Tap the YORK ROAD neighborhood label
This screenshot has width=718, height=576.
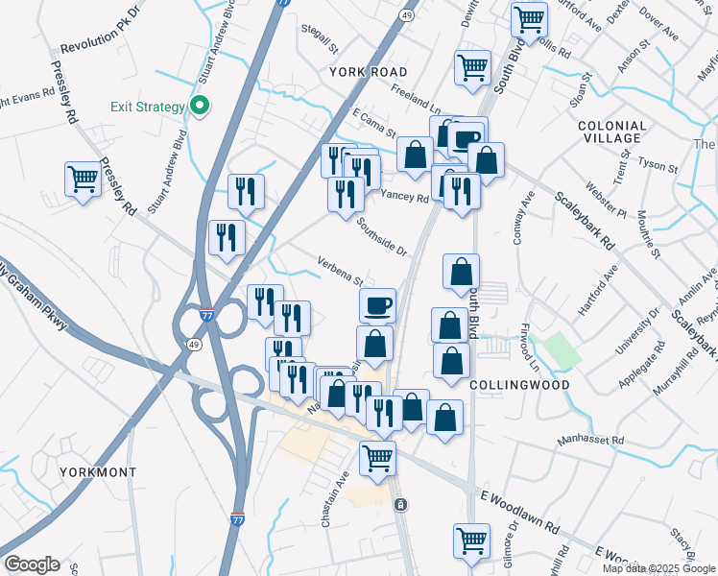[x=368, y=72]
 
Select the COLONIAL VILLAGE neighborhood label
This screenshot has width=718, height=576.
[x=611, y=132]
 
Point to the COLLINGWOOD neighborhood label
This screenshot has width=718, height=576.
[x=519, y=384]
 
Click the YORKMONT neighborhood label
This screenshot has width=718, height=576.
[x=97, y=472]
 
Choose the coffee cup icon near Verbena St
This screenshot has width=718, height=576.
[x=378, y=304]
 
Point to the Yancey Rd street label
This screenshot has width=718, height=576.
[x=404, y=196]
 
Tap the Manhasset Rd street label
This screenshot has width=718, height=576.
[x=591, y=441]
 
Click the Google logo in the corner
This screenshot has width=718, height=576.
[x=31, y=564]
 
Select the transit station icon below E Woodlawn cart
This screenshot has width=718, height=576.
[x=401, y=504]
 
